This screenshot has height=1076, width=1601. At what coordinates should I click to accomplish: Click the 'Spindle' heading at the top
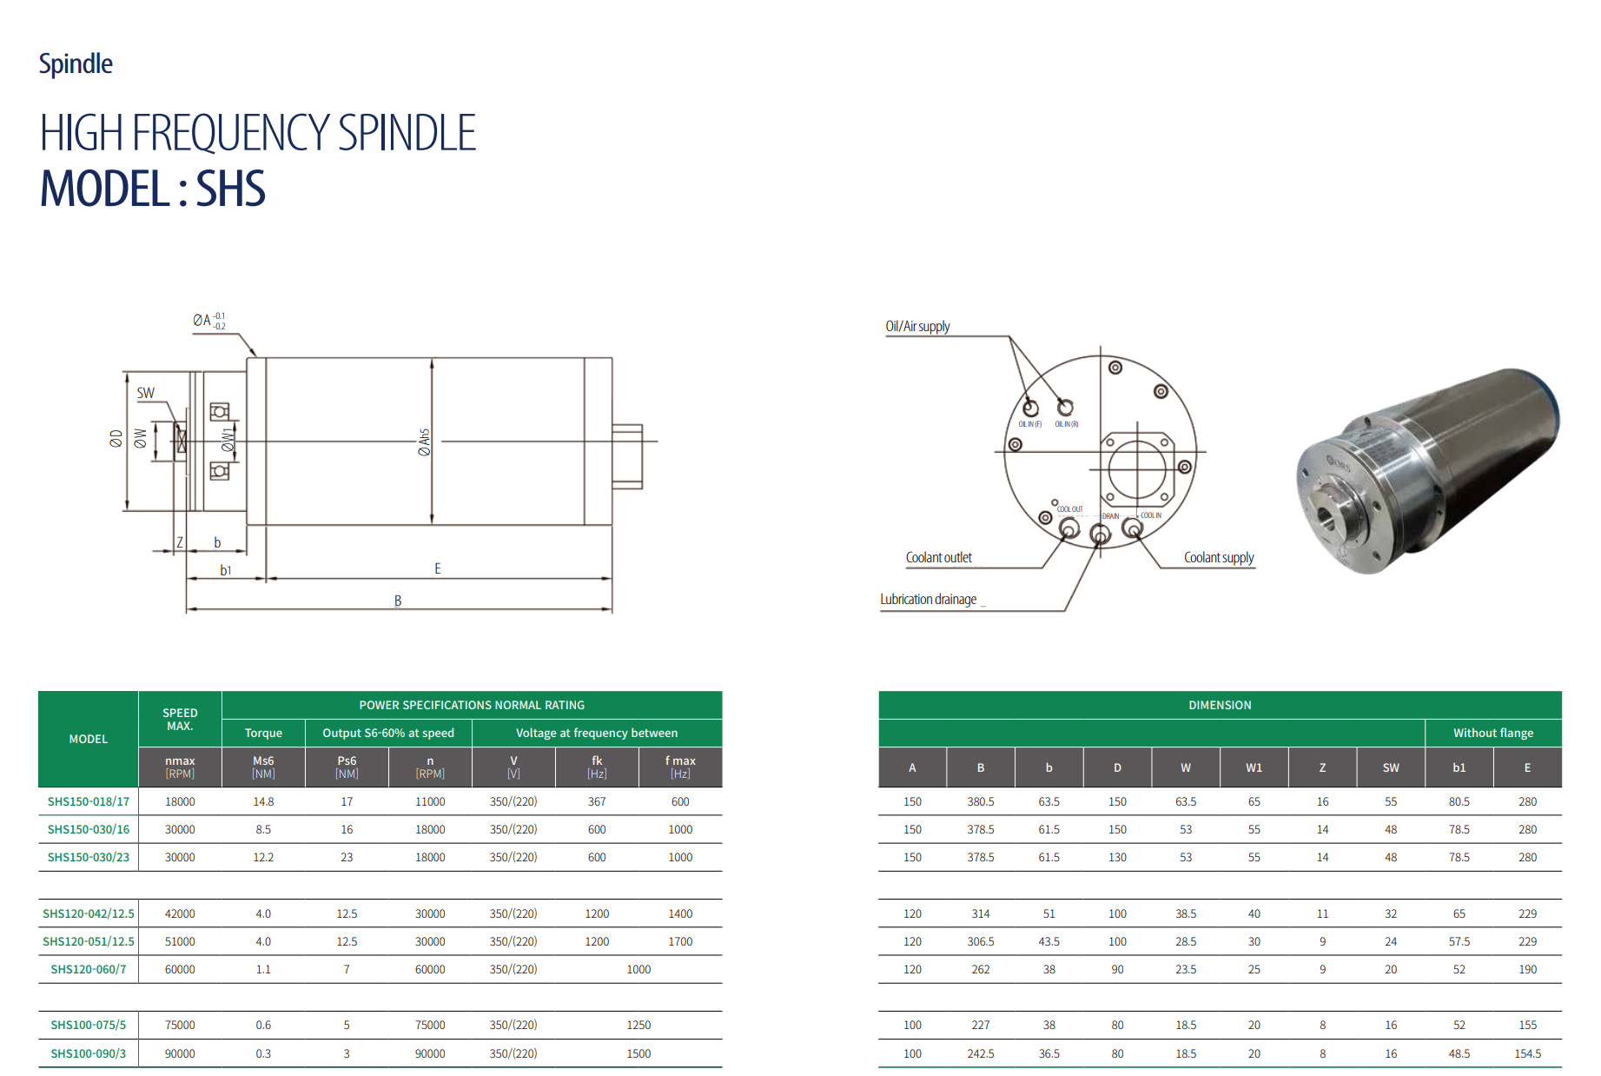click(76, 64)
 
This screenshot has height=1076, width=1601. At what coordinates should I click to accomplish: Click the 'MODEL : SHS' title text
click(153, 189)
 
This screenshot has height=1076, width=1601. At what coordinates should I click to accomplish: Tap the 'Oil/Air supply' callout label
click(917, 327)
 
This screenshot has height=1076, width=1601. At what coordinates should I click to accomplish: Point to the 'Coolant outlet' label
click(938, 558)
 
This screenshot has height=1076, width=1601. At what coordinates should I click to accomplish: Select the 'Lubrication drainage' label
click(928, 600)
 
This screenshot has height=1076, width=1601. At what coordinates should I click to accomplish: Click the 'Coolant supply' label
click(1219, 558)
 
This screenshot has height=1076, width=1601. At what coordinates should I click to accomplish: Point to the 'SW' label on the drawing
click(145, 393)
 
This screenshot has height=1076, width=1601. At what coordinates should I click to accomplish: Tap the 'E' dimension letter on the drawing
click(438, 568)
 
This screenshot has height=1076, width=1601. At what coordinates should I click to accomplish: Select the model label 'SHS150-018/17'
click(89, 801)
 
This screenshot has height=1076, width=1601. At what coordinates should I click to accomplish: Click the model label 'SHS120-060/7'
click(89, 969)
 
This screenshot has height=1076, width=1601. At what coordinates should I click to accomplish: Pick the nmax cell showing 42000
click(180, 913)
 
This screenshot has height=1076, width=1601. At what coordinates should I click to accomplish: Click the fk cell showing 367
click(597, 801)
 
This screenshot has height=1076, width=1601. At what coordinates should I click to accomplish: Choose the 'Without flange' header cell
click(1492, 733)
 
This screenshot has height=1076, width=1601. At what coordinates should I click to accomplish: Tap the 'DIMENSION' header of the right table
click(1220, 705)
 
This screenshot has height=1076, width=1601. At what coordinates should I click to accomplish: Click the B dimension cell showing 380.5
click(981, 801)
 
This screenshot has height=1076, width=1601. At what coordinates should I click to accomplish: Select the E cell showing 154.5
click(1527, 1053)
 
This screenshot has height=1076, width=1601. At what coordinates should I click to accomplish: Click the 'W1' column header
click(1254, 767)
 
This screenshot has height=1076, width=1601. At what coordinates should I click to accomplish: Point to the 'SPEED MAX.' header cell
click(180, 719)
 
